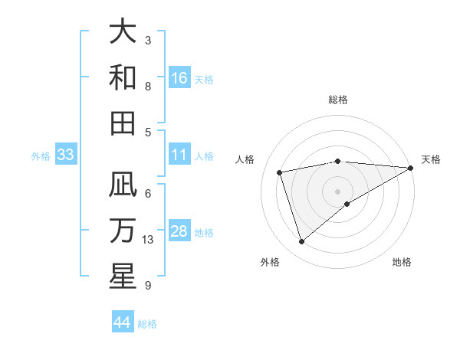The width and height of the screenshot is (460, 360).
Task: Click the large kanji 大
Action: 123,32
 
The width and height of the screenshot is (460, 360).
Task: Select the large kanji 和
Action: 123,77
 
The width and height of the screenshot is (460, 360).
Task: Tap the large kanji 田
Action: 123,123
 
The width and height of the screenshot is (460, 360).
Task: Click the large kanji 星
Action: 123,276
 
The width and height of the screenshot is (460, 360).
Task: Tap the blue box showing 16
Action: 179,78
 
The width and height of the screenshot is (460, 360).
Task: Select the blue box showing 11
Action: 179,155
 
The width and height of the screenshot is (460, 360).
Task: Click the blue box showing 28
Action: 179,231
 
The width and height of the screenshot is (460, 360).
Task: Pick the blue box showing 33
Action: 66,155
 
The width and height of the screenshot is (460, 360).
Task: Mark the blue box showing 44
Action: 122,322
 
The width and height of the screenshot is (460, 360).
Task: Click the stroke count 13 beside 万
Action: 149,240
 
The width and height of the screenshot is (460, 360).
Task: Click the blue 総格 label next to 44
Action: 147,324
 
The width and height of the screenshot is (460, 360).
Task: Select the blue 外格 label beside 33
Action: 41,156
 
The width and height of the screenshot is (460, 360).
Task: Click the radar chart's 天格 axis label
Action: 431,159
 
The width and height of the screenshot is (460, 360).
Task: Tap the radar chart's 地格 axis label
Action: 402,262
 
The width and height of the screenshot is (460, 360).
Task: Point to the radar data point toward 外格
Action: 301,242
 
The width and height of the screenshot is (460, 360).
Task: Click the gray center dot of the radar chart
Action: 337,191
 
